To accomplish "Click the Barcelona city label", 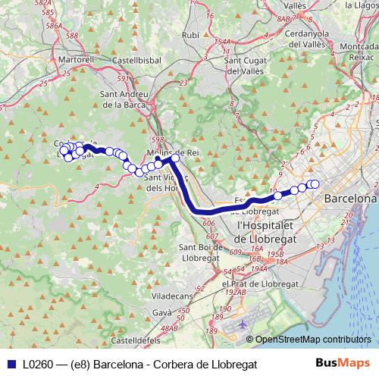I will point(349,198).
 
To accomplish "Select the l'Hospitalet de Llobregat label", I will point(274,231).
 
